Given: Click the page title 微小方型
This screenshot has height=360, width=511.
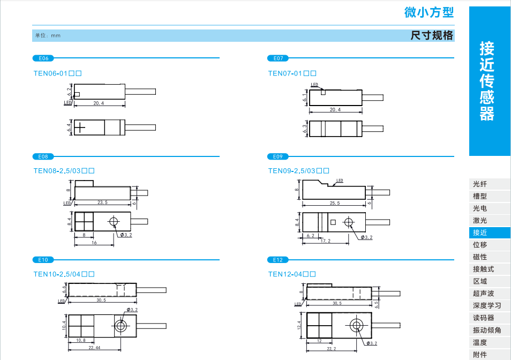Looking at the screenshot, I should (429, 12).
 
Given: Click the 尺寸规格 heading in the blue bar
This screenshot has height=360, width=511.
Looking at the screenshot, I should (432, 35).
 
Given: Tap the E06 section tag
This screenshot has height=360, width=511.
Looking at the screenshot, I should (43, 58).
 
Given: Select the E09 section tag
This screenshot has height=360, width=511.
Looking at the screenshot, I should (277, 156).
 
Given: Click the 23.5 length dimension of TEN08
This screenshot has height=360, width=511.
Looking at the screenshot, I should (102, 202).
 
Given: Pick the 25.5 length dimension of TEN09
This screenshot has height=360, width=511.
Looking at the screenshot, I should (335, 203).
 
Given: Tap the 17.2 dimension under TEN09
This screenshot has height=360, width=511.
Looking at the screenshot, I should (325, 241).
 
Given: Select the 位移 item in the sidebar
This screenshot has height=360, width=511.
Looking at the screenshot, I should (480, 245).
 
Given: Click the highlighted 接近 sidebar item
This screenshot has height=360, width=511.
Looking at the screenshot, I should (480, 233).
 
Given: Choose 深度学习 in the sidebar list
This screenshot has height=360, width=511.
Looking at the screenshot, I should (487, 306).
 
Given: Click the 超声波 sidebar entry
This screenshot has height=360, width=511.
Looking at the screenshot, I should (483, 294).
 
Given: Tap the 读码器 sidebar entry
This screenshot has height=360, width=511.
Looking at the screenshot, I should (483, 318).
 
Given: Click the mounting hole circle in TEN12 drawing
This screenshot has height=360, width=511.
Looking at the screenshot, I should (356, 325).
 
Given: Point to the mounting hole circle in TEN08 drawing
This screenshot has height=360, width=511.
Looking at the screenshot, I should (114, 222).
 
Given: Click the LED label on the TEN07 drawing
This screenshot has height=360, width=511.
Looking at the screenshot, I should (314, 85).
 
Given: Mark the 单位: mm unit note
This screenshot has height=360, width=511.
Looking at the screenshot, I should (48, 35).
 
